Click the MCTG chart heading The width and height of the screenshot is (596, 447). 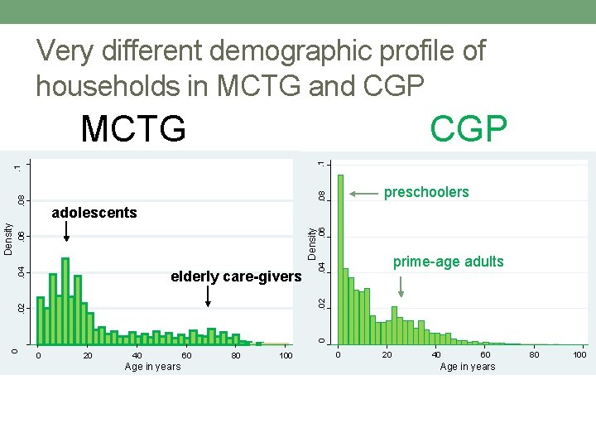133,129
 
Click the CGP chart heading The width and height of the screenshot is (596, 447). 469,129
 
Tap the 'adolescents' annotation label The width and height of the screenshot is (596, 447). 94,214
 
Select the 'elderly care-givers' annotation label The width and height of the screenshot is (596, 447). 236,276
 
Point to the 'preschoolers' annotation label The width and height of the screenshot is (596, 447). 425,193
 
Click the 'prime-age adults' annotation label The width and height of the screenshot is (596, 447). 448,262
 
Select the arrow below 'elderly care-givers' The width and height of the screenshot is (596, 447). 208,296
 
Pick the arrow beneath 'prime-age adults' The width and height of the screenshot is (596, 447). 401,286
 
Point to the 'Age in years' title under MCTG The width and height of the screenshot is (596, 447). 152,367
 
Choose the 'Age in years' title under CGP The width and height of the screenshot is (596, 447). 468,367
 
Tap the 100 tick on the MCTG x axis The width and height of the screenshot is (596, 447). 286,356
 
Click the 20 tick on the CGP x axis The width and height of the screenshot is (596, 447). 387,355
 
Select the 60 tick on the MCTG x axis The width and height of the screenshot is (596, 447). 187,356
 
